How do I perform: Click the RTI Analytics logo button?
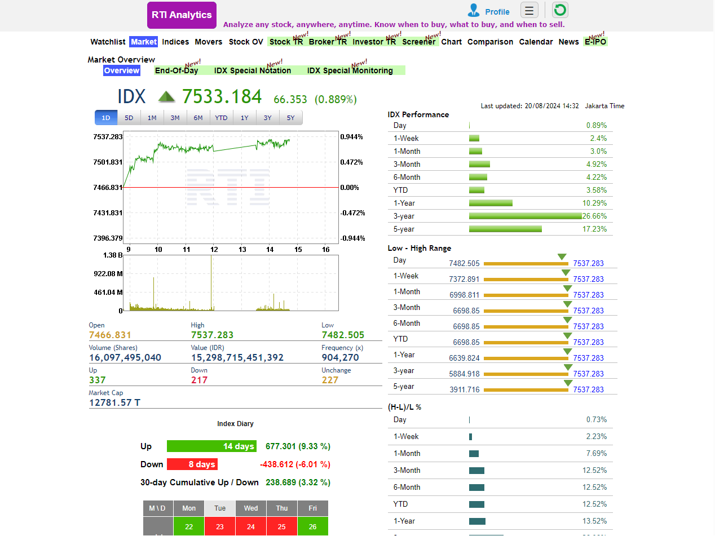pos(182,15)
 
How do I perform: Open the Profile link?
pos(497,12)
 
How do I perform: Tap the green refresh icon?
pos(559,10)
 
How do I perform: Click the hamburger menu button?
pos(529,10)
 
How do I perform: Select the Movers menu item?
pos(209,42)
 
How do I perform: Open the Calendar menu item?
pos(536,42)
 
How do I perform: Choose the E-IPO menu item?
pos(595,42)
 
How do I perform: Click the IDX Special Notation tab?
pos(253,70)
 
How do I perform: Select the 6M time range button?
pos(198,118)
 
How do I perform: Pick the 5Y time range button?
pos(290,118)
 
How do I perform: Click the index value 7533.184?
pos(222,97)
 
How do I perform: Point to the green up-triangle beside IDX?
pos(166,97)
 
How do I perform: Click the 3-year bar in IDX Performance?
pos(525,216)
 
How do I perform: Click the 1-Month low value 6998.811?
pos(465,295)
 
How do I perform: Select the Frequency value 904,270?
pos(340,357)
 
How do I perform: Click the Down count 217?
pos(199,380)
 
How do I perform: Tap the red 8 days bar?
pos(192,464)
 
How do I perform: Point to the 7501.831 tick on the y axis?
pos(108,162)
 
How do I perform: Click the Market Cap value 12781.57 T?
pos(114,402)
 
